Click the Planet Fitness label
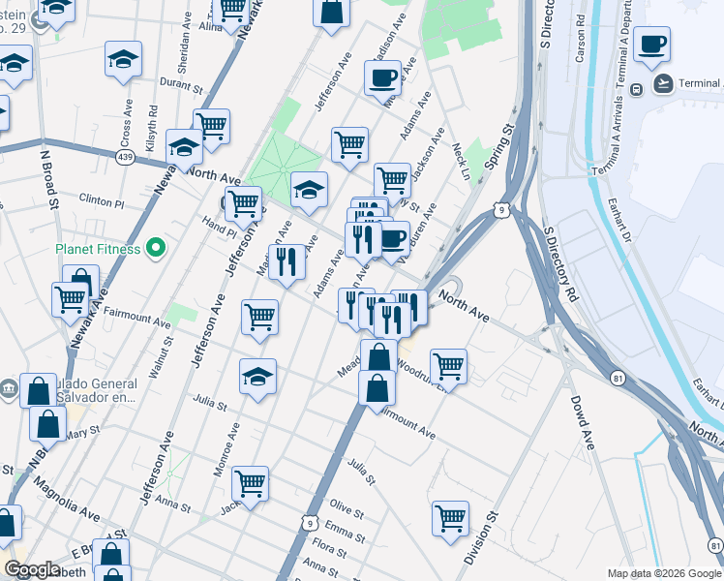click(x=98, y=249)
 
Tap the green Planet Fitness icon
click(x=151, y=249)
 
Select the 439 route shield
click(x=125, y=158)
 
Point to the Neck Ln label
click(x=459, y=161)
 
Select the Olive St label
click(x=347, y=508)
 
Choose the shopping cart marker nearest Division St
click(x=450, y=517)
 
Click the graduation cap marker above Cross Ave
click(x=123, y=59)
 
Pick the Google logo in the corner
click(x=32, y=569)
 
